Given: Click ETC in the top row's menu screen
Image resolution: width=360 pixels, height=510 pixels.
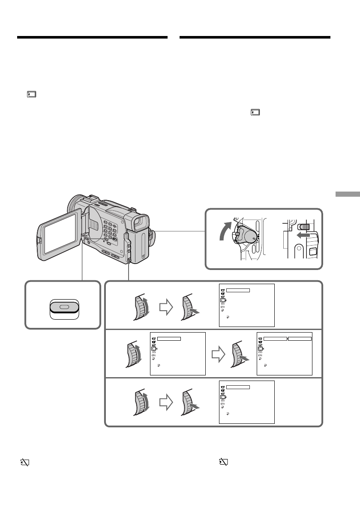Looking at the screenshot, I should point(222,307).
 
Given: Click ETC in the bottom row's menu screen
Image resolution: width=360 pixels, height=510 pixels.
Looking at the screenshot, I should point(222,403).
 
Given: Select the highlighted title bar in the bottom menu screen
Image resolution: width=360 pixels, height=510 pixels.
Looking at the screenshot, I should point(238,387).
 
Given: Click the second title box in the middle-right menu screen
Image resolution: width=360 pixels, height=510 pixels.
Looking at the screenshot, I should point(300,338).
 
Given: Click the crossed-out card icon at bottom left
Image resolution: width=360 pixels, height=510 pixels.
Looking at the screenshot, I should point(24,462).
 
